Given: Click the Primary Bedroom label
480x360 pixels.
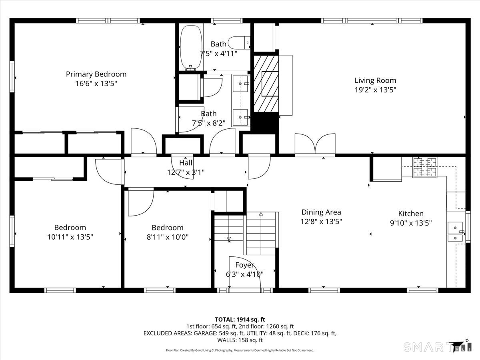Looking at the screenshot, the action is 96,74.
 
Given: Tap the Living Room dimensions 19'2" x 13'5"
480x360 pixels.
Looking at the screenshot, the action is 375,90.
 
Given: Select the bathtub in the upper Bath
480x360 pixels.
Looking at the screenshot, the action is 191,48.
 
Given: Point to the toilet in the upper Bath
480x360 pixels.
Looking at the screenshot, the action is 239,43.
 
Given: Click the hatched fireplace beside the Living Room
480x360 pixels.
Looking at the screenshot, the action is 266,84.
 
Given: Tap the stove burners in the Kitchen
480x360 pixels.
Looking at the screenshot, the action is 424,167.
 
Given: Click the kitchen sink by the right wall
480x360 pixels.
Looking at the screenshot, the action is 456,232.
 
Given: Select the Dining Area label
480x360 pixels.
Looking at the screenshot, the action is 321,212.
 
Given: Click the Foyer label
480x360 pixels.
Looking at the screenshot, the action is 244,265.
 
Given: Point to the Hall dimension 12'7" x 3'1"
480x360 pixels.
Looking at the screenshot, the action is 186,172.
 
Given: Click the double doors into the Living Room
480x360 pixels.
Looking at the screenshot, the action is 315,144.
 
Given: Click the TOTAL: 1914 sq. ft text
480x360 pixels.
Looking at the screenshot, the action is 240,320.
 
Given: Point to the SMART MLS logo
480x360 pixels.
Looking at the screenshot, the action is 437,346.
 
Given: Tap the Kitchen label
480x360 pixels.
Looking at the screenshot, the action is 411,213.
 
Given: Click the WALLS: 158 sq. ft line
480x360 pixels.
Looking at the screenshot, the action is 240,340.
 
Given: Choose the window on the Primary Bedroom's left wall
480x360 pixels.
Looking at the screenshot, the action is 12,76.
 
